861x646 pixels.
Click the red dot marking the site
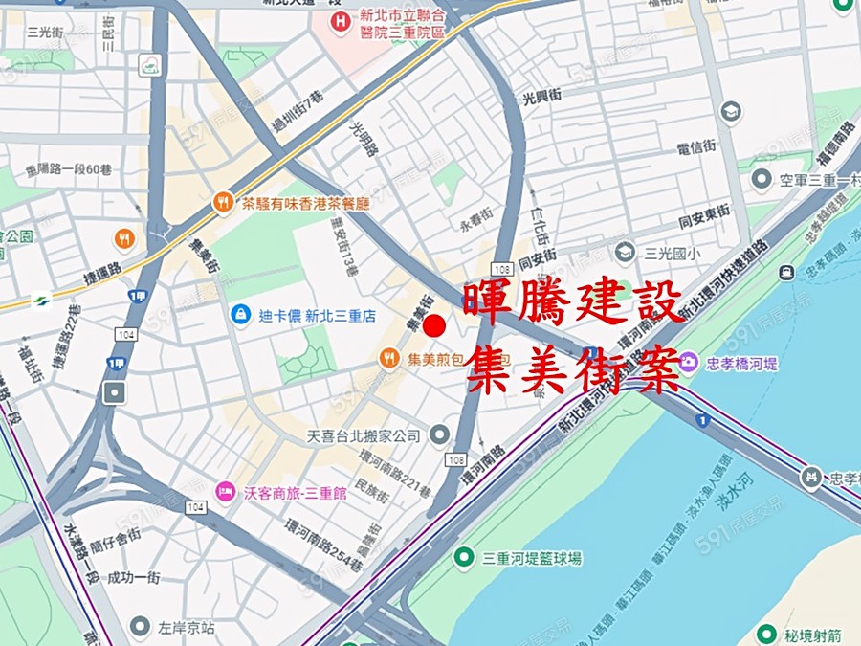coord(434,325)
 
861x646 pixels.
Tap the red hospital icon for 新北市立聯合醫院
coord(338,20)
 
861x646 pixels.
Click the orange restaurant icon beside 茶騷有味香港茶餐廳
coord(223,202)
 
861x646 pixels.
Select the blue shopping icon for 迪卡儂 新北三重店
coord(241,313)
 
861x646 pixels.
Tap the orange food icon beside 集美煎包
coord(388,359)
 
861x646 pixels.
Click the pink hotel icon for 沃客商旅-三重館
coord(225,492)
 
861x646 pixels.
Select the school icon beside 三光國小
coord(625,252)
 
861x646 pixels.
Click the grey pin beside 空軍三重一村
coord(762,179)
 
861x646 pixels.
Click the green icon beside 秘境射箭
coord(766,634)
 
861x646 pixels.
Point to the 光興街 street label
coord(542,99)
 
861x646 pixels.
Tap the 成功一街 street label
coord(133,577)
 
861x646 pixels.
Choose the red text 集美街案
coord(572,368)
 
